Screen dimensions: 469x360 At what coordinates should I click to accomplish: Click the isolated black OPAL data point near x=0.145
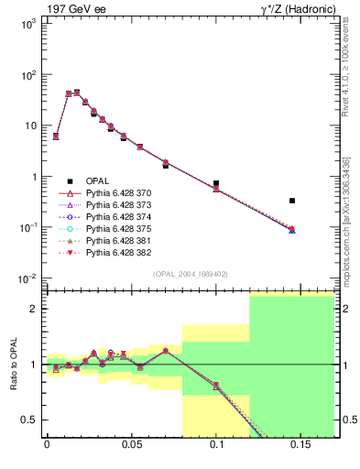pyautogui.click(x=292, y=200)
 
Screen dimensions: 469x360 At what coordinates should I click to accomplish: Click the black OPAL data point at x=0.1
pyautogui.click(x=216, y=183)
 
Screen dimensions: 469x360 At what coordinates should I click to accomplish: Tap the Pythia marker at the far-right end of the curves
pyautogui.click(x=292, y=230)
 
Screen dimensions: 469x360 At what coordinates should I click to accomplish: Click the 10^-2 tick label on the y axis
pyautogui.click(x=28, y=278)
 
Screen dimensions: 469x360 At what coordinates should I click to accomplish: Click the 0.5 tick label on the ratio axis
pyautogui.click(x=28, y=420)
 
